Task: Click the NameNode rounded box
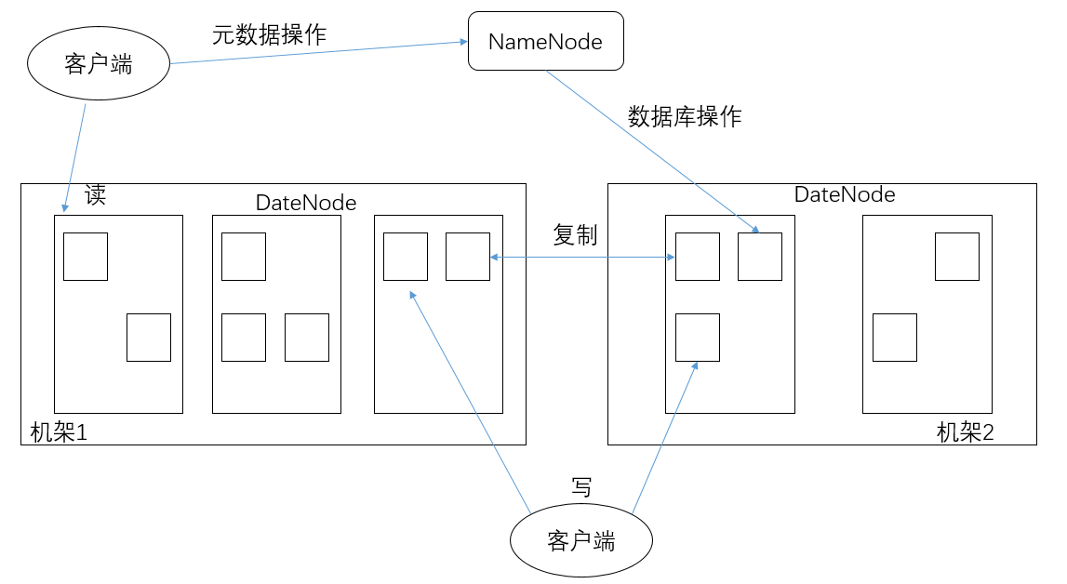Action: (x=545, y=42)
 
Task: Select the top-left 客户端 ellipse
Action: (x=99, y=64)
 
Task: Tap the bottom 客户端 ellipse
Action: (x=581, y=541)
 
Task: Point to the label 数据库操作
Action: (x=685, y=116)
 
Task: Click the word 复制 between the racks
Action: (x=575, y=235)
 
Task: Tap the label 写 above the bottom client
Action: (x=581, y=486)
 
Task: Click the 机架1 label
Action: (x=59, y=432)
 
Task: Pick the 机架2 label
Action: (x=966, y=432)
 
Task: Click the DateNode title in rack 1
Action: (x=306, y=202)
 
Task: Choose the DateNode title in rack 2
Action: (x=845, y=194)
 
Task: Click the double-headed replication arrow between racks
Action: (x=582, y=257)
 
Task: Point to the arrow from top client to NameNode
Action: (x=316, y=53)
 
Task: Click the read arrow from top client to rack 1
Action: (x=74, y=153)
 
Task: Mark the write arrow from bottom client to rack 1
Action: (x=470, y=401)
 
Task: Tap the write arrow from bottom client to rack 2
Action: (x=663, y=437)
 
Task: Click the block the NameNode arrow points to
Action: (x=760, y=257)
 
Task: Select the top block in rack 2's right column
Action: (x=956, y=257)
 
